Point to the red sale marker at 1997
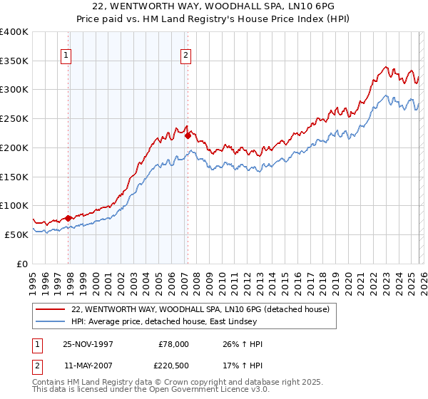(x=68, y=218)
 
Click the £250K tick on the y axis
(x=14, y=118)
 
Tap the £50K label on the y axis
(x=16, y=234)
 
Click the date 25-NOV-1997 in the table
(x=86, y=344)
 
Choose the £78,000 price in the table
(x=174, y=344)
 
